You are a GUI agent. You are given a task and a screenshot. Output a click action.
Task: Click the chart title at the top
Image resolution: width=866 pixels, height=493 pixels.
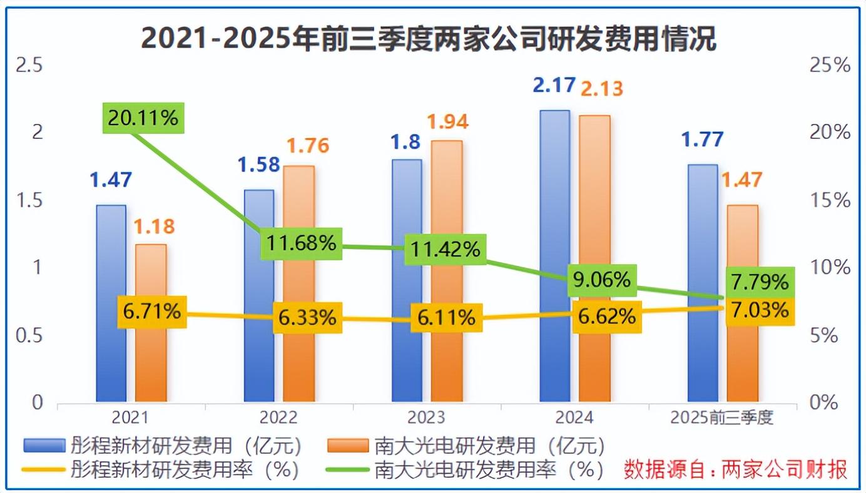point(429,39)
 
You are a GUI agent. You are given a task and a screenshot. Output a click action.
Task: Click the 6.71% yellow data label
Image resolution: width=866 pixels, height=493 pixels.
point(152,311)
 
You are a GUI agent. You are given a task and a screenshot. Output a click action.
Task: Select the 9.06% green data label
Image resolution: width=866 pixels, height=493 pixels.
point(602,280)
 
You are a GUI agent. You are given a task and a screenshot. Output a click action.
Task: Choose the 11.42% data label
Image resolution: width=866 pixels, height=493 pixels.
point(445,249)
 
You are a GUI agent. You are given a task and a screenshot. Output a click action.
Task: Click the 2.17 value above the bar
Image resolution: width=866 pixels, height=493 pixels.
point(554,84)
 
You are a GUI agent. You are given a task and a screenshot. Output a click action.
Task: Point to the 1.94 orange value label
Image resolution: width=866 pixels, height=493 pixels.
point(447,121)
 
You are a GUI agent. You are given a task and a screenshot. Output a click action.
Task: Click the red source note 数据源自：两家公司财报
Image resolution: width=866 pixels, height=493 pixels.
point(736,469)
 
